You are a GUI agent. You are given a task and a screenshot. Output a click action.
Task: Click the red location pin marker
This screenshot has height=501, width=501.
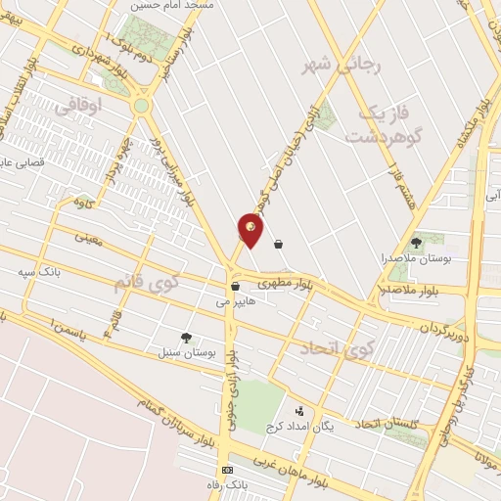[x=250, y=231]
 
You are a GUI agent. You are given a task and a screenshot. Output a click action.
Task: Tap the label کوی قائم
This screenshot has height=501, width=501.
[x=148, y=283]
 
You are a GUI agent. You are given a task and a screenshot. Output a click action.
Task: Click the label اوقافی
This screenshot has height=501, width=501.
[x=80, y=108]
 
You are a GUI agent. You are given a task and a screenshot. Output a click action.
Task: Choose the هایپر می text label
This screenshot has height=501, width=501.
[x=236, y=302]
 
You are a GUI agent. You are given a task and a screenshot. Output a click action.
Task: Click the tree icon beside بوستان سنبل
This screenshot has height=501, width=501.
[x=187, y=337]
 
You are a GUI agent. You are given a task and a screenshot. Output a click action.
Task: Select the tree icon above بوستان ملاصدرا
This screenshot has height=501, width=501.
[x=417, y=242]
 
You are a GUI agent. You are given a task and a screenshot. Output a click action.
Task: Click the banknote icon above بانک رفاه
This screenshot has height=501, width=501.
[x=228, y=471]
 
